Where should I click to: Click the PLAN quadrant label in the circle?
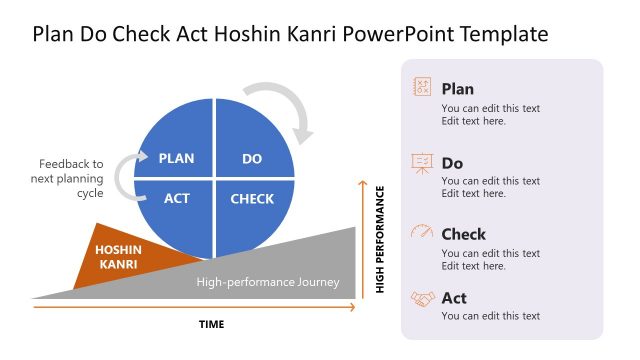pos(176,158)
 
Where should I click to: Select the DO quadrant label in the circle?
pos(252,158)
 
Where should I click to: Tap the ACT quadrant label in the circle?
pos(176,198)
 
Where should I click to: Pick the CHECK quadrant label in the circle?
pos(252,198)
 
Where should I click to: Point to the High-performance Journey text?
pos(268,282)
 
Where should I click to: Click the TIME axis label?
pos(211,324)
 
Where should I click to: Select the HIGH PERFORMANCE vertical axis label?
pos(380,239)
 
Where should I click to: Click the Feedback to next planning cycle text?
pos(70,178)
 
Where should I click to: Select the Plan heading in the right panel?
pos(457,89)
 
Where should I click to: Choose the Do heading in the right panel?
pos(452,163)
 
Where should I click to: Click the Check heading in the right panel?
pos(463,234)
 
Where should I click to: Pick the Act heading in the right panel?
pos(454,298)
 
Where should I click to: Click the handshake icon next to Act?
pos(422,298)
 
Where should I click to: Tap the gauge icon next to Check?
pos(422,233)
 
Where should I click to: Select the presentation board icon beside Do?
pos(422,163)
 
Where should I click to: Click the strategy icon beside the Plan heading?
pos(422,88)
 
